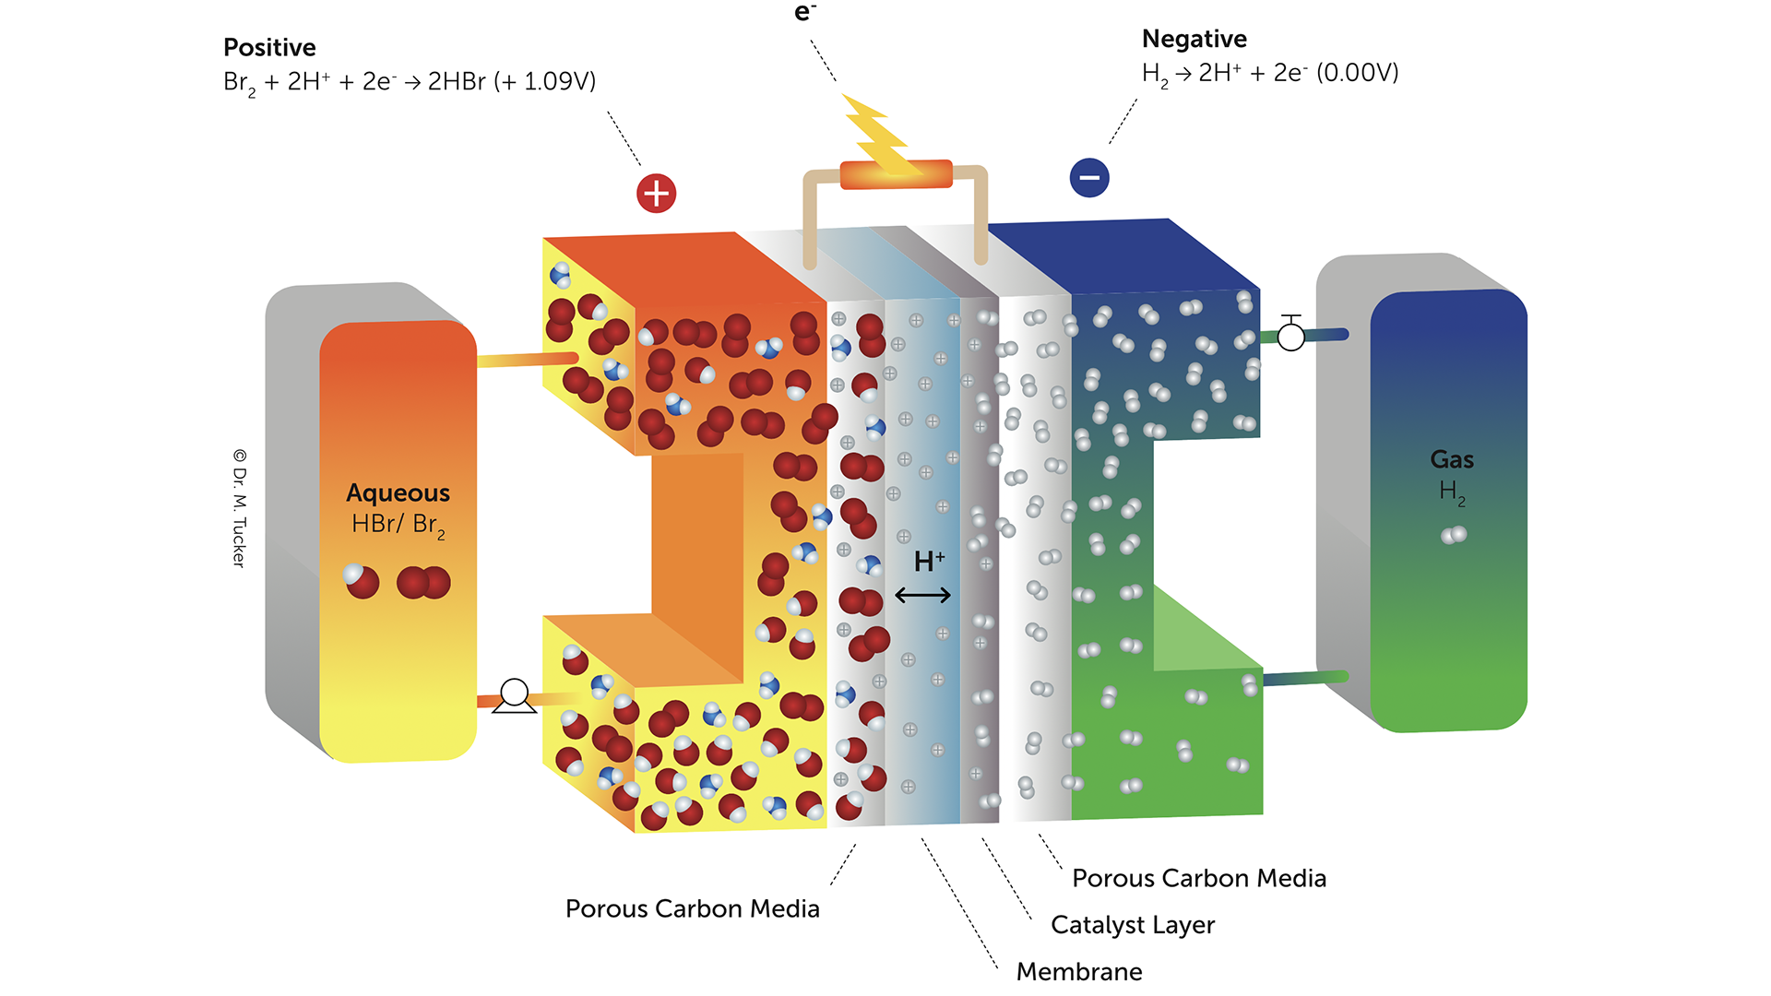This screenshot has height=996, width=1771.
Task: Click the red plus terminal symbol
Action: (x=656, y=194)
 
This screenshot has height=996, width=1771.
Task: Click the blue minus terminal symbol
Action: (x=1089, y=178)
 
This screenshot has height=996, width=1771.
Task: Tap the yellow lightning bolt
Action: (x=880, y=136)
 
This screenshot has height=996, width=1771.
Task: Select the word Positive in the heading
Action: (x=269, y=48)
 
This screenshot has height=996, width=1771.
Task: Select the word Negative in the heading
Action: (x=1194, y=39)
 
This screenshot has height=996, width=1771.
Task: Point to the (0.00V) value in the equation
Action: (x=1358, y=73)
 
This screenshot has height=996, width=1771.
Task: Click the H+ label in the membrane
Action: (x=929, y=561)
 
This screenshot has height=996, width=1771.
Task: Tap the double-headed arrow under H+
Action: (x=922, y=596)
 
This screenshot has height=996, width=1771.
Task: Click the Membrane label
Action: (x=1079, y=971)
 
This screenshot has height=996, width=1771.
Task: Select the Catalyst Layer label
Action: (x=1133, y=925)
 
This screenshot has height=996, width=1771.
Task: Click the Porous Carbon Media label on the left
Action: (x=692, y=909)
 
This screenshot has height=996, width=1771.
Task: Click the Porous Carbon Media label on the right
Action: (x=1199, y=879)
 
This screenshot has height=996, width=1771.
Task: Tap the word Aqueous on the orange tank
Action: (x=398, y=493)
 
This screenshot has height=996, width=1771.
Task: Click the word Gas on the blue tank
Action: (x=1452, y=459)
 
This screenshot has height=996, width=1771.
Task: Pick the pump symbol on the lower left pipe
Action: (x=515, y=695)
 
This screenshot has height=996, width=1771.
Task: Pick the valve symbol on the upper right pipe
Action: (x=1291, y=334)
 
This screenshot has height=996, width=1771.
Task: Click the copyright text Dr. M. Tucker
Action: (x=240, y=508)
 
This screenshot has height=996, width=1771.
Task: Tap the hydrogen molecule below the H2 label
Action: (x=1454, y=535)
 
